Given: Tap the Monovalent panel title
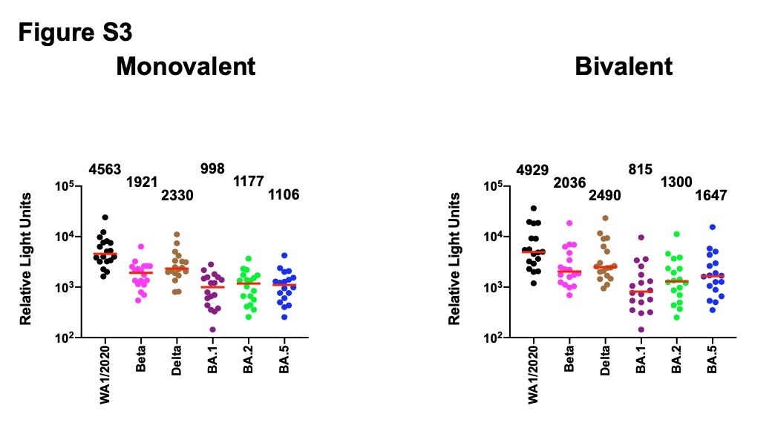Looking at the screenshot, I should (186, 67).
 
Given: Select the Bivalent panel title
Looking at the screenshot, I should (624, 67).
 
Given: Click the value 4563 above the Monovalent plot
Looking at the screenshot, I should (105, 169).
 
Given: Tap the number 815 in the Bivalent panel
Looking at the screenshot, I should (640, 169).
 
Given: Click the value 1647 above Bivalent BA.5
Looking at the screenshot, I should (711, 196).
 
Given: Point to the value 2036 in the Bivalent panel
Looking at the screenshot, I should (570, 183).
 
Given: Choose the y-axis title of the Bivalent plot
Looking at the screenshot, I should (454, 259).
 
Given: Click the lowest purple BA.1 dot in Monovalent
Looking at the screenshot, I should (212, 329).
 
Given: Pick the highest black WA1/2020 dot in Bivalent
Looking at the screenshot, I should (533, 208).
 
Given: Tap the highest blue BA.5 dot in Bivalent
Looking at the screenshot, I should (712, 227).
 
